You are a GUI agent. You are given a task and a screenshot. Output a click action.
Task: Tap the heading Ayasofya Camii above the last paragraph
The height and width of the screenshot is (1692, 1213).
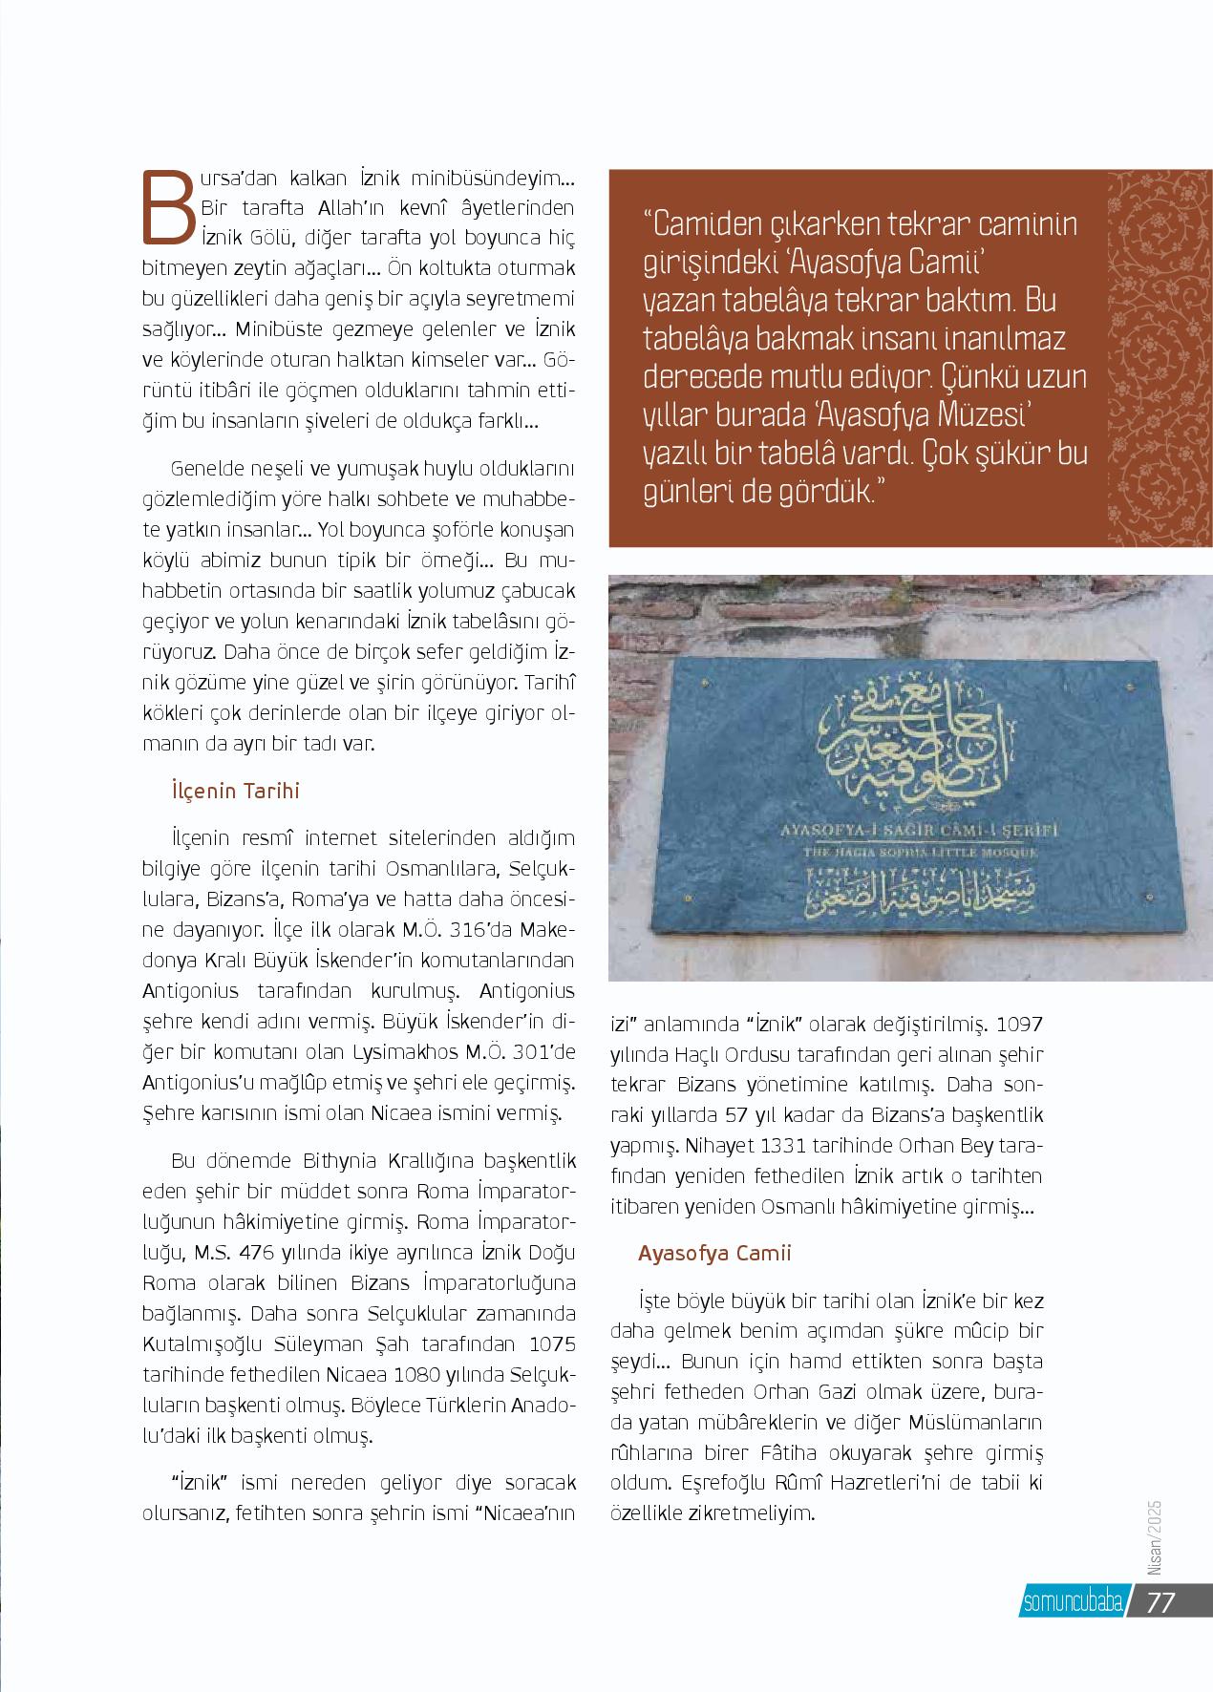coord(714,1253)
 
